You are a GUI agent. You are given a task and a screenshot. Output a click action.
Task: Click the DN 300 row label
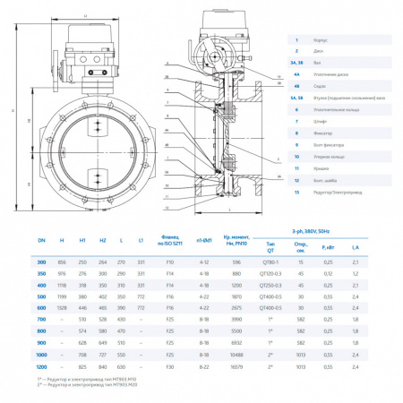(x=41, y=262)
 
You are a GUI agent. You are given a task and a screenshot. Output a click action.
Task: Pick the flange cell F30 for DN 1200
(x=170, y=367)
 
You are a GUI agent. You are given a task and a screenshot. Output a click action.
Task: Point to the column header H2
(x=102, y=241)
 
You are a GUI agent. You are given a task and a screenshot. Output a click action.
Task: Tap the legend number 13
(x=295, y=192)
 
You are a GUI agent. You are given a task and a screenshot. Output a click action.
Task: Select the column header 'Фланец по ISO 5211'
(x=170, y=241)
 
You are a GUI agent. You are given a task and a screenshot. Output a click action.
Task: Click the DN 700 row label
(x=41, y=320)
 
